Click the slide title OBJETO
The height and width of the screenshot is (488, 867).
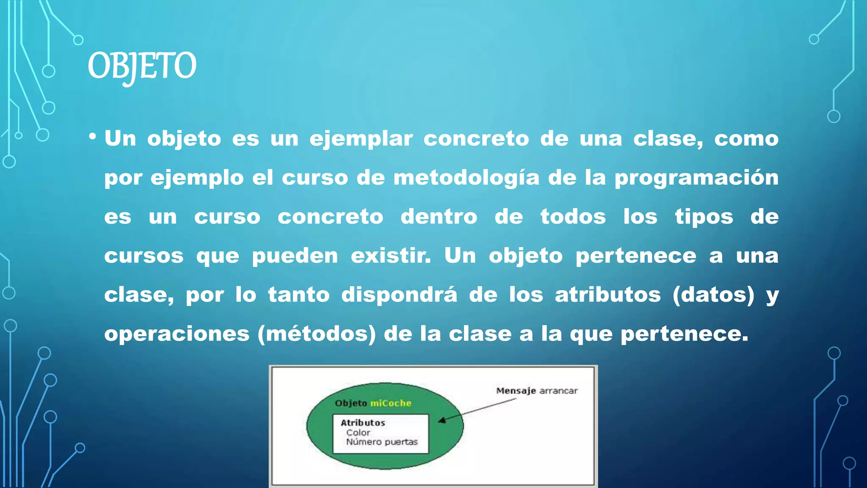pyautogui.click(x=142, y=66)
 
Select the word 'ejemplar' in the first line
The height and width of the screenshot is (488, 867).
pyautogui.click(x=361, y=139)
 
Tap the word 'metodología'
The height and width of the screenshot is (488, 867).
pyautogui.click(x=466, y=178)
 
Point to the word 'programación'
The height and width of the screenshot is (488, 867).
pyautogui.click(x=696, y=178)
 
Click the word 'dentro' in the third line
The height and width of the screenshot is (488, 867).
pyautogui.click(x=439, y=217)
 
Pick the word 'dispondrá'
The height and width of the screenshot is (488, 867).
pyautogui.click(x=399, y=294)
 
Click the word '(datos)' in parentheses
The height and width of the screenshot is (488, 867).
pyautogui.click(x=713, y=295)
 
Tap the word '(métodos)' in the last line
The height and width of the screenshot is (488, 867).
pyautogui.click(x=317, y=334)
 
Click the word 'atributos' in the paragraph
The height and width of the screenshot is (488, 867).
pyautogui.click(x=607, y=294)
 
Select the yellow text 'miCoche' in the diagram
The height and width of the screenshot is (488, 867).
pyautogui.click(x=391, y=403)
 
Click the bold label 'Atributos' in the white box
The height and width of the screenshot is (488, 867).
pyautogui.click(x=363, y=423)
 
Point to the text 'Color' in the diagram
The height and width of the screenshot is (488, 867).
pyautogui.click(x=358, y=433)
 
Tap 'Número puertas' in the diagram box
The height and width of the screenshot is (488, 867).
pyautogui.click(x=381, y=442)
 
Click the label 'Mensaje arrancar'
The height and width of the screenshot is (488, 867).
pyautogui.click(x=537, y=391)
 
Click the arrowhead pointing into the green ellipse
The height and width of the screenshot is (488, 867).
pyautogui.click(x=442, y=420)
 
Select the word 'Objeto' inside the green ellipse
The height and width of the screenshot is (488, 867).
pyautogui.click(x=351, y=403)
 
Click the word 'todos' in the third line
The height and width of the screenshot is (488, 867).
pyautogui.click(x=573, y=217)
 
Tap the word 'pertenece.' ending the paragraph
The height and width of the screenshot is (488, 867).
pyautogui.click(x=684, y=334)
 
